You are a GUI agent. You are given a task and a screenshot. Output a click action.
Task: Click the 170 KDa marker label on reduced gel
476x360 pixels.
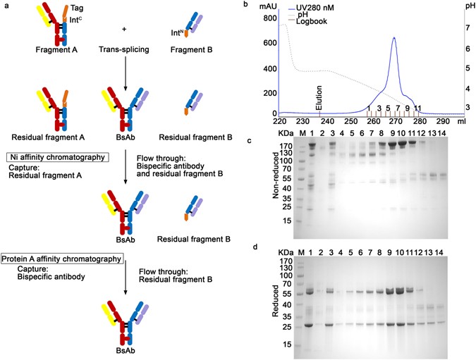click(x=285, y=261)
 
